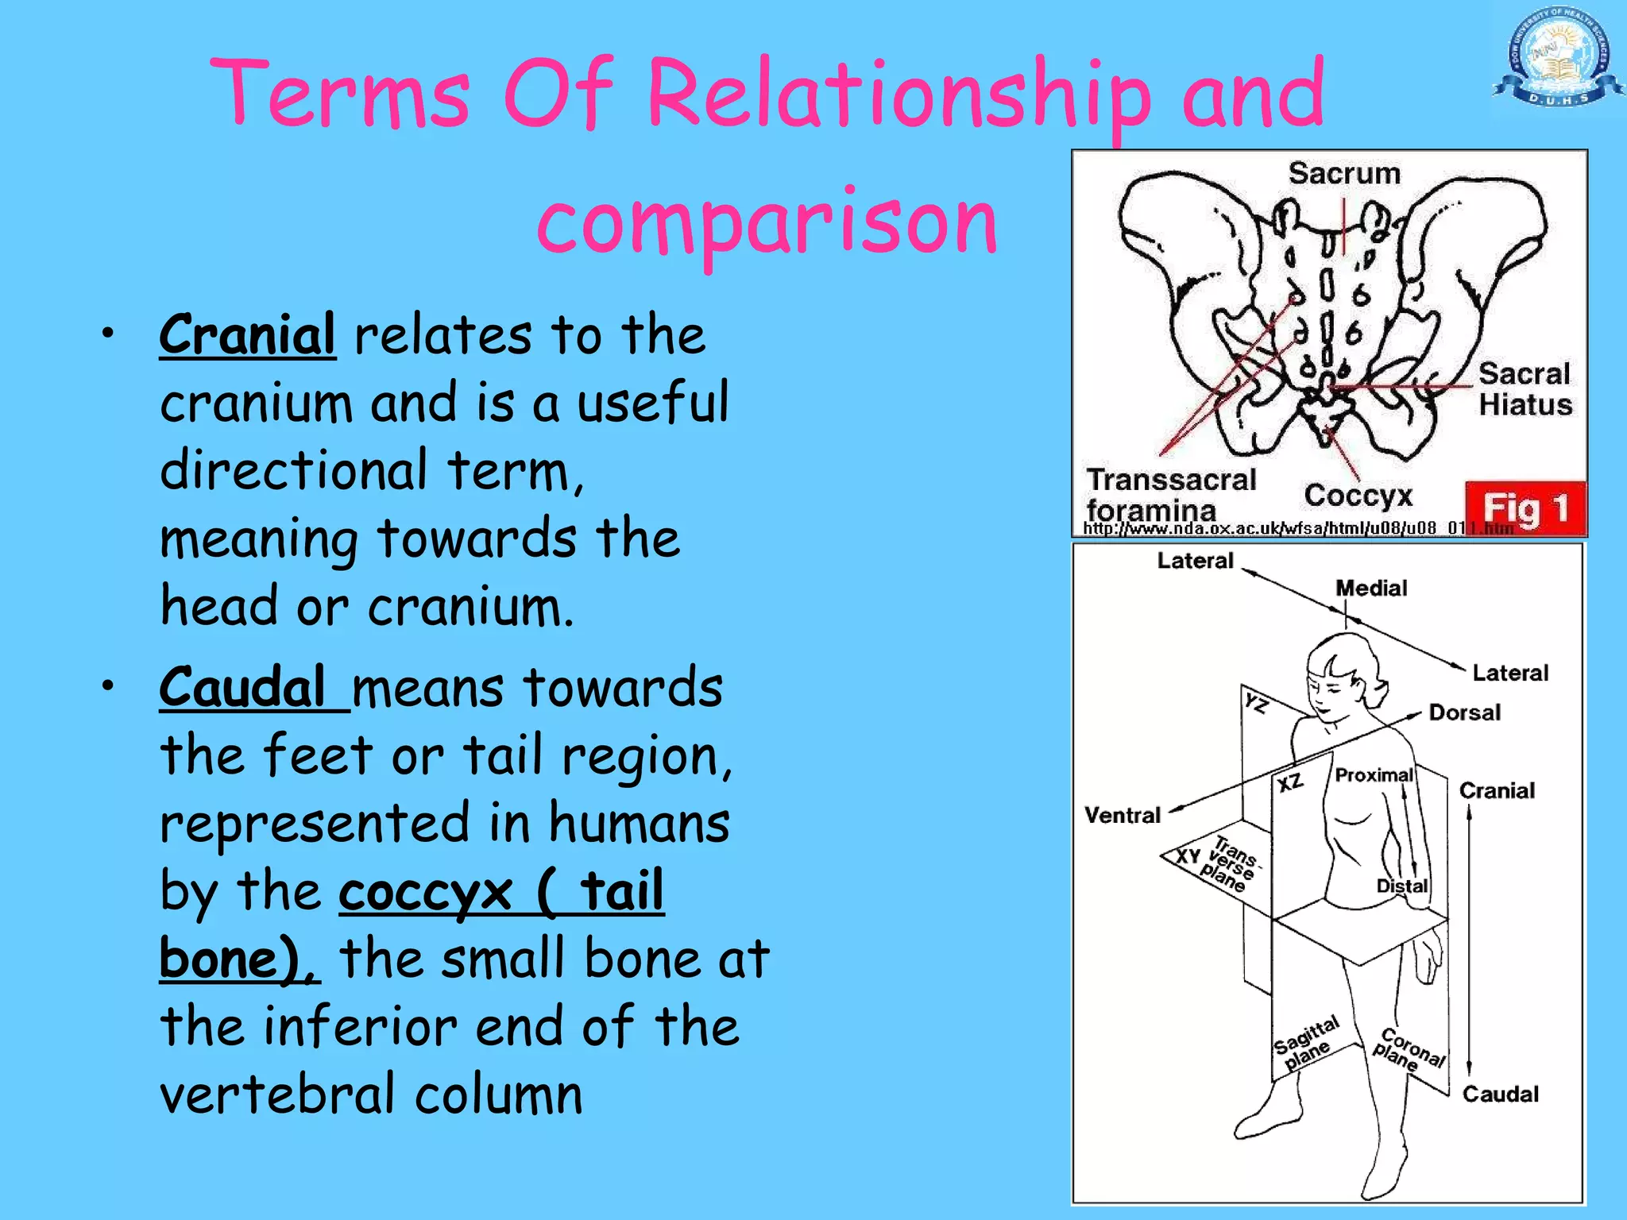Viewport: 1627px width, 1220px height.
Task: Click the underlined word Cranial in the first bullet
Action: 247,335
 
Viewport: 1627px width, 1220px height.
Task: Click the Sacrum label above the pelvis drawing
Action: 1344,173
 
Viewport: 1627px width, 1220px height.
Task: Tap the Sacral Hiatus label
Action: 1525,389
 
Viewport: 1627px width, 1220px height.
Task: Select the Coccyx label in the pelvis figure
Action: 1358,495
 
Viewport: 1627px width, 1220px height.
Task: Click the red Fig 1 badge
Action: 1525,508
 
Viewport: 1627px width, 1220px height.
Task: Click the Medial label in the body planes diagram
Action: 1371,589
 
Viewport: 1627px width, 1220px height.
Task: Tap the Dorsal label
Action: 1464,712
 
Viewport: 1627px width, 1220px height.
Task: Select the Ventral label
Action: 1123,815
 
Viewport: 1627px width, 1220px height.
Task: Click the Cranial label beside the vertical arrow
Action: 1497,790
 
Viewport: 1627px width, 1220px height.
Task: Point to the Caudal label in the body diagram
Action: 1500,1095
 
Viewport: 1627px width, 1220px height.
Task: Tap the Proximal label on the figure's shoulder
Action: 1374,775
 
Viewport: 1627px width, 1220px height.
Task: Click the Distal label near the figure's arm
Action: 1402,886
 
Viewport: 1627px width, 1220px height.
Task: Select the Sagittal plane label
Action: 1307,1043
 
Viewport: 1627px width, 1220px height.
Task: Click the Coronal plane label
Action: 1408,1048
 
